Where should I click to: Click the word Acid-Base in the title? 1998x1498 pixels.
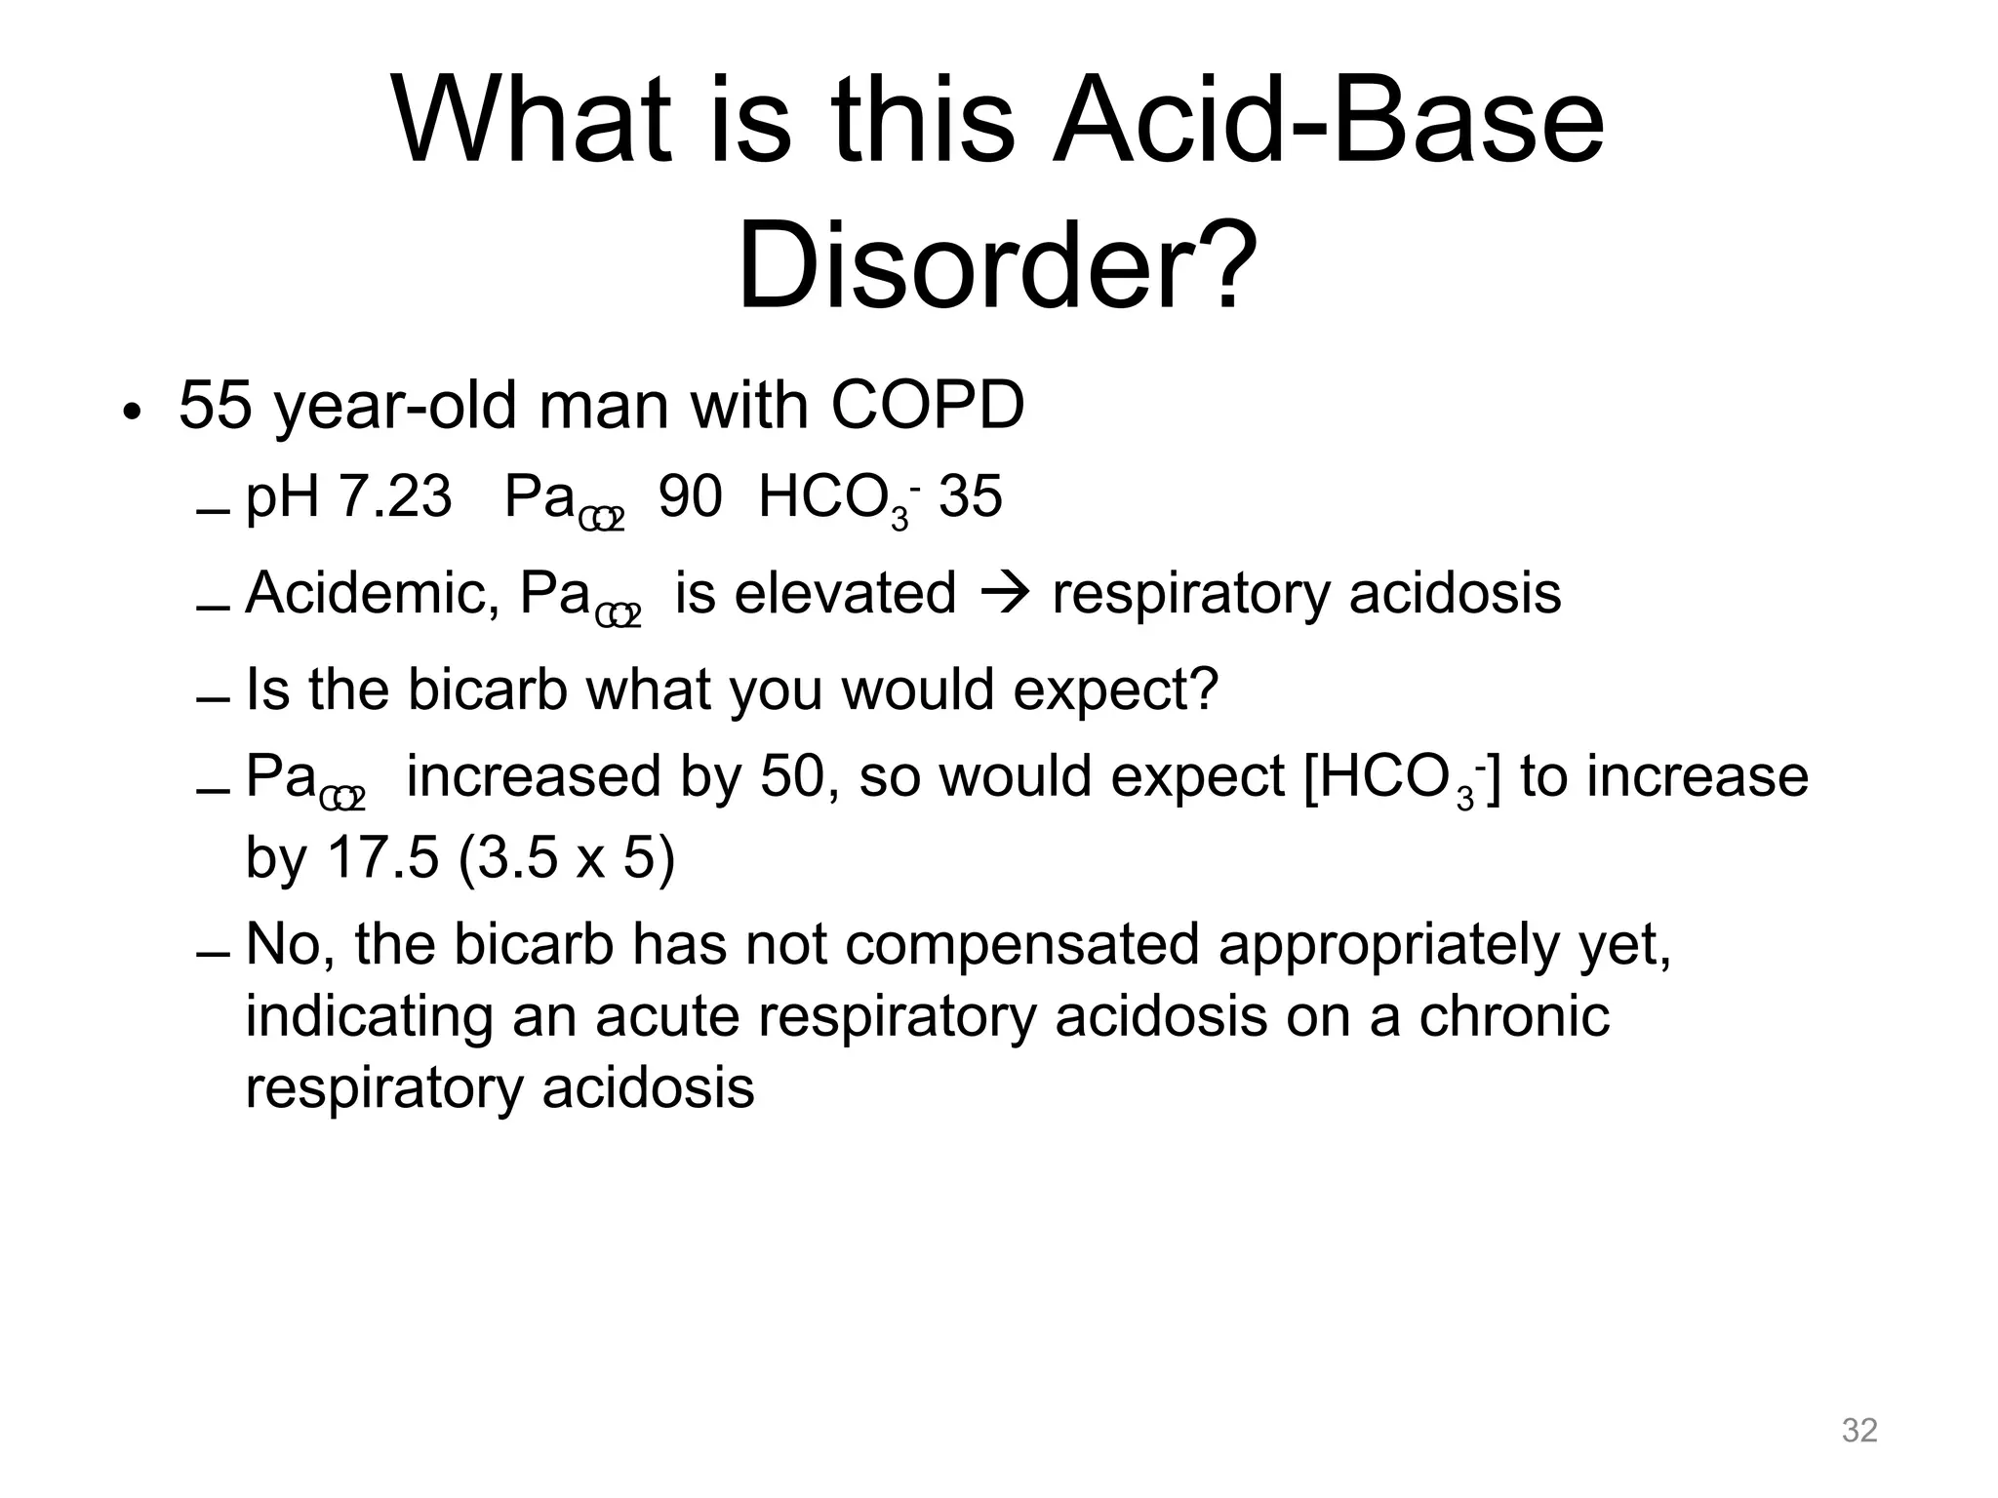point(1328,123)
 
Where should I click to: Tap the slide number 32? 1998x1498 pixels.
point(1859,1430)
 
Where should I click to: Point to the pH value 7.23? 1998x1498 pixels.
point(395,496)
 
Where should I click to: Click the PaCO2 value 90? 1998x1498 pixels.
point(691,496)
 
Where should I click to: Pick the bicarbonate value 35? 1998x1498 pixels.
point(970,496)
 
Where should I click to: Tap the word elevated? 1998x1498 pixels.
point(845,592)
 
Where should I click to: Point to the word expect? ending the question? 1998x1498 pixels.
point(1116,690)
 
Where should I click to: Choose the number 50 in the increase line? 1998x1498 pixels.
point(792,777)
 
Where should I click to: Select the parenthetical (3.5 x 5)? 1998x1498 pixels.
point(566,858)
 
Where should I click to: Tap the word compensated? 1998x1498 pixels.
point(1021,944)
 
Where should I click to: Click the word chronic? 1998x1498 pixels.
point(1513,1015)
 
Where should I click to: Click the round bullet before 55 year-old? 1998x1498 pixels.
point(132,411)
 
